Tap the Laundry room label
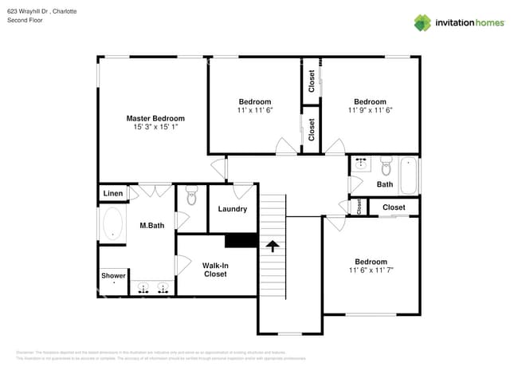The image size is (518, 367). click(232, 209)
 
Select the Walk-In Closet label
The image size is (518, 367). click(214, 270)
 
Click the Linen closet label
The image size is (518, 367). click(113, 194)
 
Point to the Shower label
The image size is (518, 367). click(113, 276)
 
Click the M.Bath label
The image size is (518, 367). click(151, 226)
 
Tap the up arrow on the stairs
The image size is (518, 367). click(273, 246)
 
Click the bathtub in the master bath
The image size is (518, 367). click(112, 225)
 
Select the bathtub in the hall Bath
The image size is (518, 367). click(409, 176)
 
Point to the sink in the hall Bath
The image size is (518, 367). click(360, 165)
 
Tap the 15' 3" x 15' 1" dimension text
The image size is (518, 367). click(155, 127)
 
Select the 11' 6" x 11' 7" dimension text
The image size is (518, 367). click(371, 270)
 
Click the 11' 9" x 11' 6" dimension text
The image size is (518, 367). click(370, 110)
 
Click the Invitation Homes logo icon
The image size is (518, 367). click(422, 22)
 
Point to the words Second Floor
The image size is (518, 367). click(25, 20)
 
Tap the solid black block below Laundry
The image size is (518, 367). click(241, 240)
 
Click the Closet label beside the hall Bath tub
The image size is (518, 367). click(393, 207)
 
